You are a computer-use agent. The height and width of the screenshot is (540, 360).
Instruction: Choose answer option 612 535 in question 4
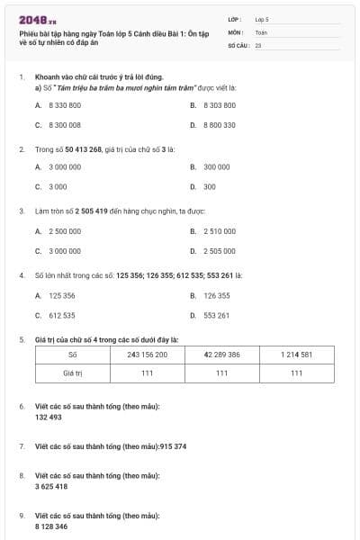point(61,316)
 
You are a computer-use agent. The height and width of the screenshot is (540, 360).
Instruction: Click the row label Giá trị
point(73,372)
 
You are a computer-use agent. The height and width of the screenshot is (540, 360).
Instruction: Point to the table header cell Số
point(73,355)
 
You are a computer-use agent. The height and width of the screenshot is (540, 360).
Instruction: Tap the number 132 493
point(49,417)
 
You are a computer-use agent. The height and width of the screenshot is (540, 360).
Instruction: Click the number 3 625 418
point(51,486)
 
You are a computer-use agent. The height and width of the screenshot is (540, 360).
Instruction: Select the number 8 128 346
point(51,526)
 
